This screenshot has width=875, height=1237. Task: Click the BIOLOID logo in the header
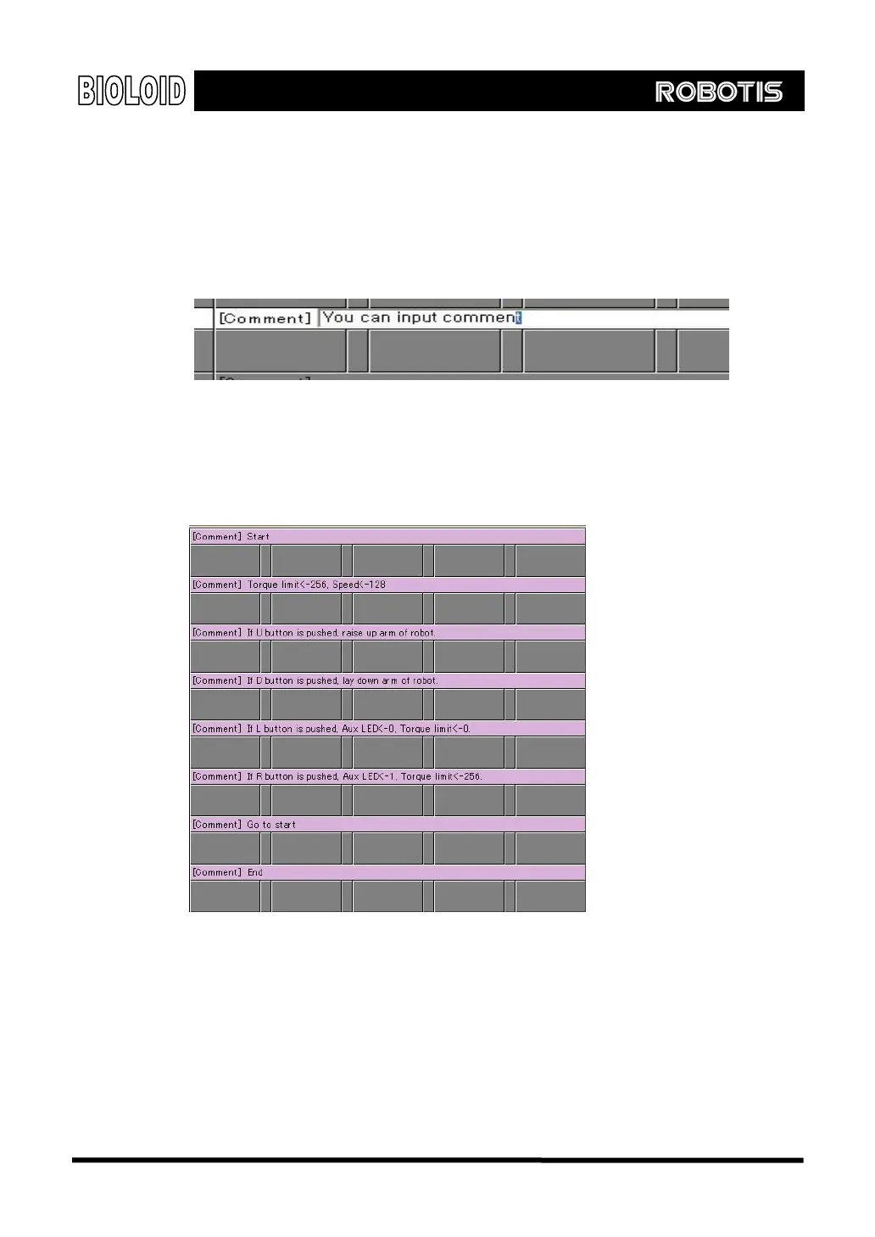(x=131, y=91)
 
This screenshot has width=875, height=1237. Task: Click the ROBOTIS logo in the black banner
(x=718, y=92)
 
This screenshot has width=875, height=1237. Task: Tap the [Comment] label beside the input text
(x=265, y=318)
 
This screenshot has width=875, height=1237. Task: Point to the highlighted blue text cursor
(x=519, y=317)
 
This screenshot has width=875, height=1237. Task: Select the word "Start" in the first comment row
(x=259, y=536)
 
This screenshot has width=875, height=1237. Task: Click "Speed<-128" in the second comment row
(x=359, y=585)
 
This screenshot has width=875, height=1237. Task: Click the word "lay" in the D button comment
(x=348, y=680)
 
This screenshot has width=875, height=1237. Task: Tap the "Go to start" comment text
(x=271, y=825)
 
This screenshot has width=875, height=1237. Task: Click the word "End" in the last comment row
(x=255, y=872)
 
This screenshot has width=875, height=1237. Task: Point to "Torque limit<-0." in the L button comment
(x=436, y=729)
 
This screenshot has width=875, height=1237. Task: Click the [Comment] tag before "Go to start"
(x=217, y=825)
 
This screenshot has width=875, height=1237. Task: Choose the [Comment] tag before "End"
(x=217, y=872)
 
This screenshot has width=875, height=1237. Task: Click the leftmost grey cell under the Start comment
(x=225, y=561)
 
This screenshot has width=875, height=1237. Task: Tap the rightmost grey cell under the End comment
(x=550, y=896)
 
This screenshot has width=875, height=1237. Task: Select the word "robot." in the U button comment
(x=422, y=633)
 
